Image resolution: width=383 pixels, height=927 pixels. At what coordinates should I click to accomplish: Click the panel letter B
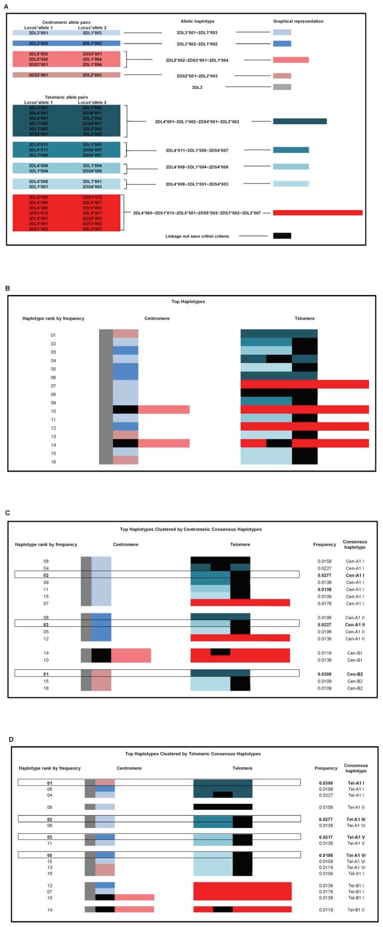click(x=8, y=288)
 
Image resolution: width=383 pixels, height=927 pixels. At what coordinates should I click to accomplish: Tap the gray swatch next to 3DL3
click(x=282, y=87)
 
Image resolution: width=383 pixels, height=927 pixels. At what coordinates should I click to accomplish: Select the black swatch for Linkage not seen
click(x=282, y=236)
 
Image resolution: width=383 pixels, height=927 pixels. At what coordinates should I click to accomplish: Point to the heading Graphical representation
click(x=298, y=21)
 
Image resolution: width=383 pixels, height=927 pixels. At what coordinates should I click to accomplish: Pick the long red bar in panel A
click(x=317, y=213)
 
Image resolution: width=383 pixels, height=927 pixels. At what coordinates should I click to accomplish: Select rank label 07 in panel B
click(x=53, y=386)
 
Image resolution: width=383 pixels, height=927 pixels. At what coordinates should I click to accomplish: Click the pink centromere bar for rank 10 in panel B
click(x=164, y=409)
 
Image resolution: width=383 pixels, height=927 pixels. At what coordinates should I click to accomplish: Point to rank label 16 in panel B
click(x=53, y=462)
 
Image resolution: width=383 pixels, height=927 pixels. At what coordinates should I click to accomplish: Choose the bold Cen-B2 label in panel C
click(x=354, y=674)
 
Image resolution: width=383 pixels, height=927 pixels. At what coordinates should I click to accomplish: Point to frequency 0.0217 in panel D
click(x=325, y=837)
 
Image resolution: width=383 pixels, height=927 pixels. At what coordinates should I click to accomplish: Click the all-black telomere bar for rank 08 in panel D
click(x=223, y=807)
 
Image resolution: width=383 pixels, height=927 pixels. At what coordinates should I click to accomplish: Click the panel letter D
click(x=11, y=739)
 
